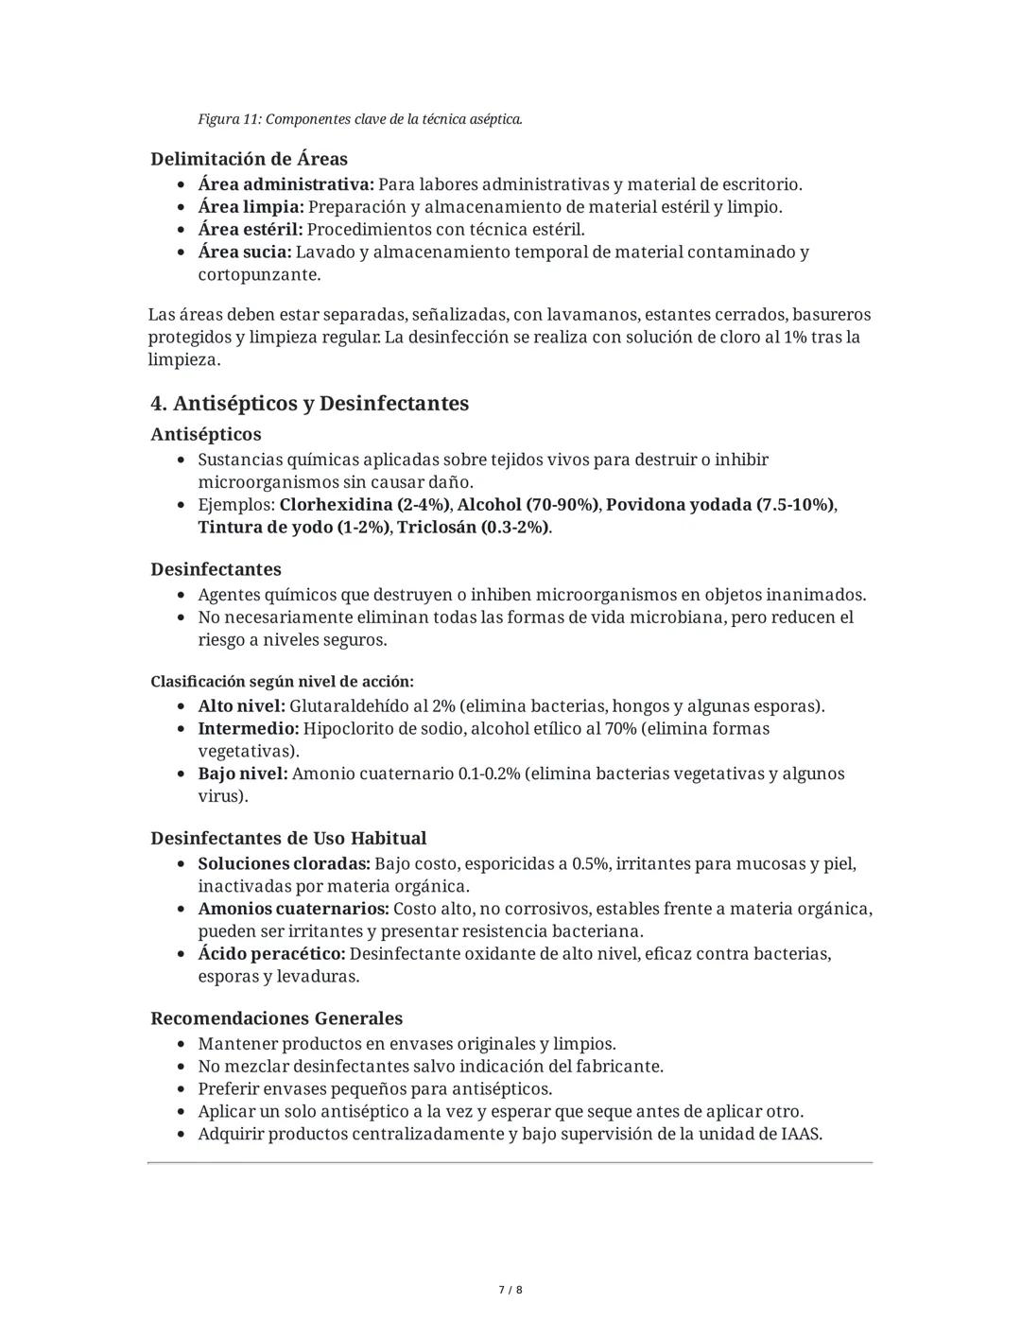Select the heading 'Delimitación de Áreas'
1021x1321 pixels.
pyautogui.click(x=249, y=159)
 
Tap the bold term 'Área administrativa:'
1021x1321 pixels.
pyautogui.click(x=286, y=184)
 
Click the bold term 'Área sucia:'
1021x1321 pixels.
pyautogui.click(x=245, y=252)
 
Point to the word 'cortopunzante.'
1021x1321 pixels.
pyautogui.click(x=259, y=275)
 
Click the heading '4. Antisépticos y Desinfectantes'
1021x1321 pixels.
pyautogui.click(x=309, y=404)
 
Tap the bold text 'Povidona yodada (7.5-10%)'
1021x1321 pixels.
pyautogui.click(x=719, y=505)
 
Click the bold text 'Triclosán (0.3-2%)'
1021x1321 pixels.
pyautogui.click(x=473, y=528)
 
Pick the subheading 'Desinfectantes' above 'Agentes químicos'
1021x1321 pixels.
pyautogui.click(x=216, y=569)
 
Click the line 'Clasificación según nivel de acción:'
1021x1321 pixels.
pyautogui.click(x=282, y=682)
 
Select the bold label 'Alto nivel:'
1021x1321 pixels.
pyautogui.click(x=241, y=706)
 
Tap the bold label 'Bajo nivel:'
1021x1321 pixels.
pyautogui.click(x=242, y=774)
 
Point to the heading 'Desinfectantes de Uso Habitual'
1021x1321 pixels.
pyautogui.click(x=288, y=839)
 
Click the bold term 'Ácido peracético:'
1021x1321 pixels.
pyautogui.click(x=271, y=954)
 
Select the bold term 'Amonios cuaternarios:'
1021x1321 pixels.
pyautogui.click(x=293, y=910)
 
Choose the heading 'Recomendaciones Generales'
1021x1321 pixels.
pyautogui.click(x=276, y=1018)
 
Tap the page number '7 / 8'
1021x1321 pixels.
pyautogui.click(x=510, y=1290)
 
